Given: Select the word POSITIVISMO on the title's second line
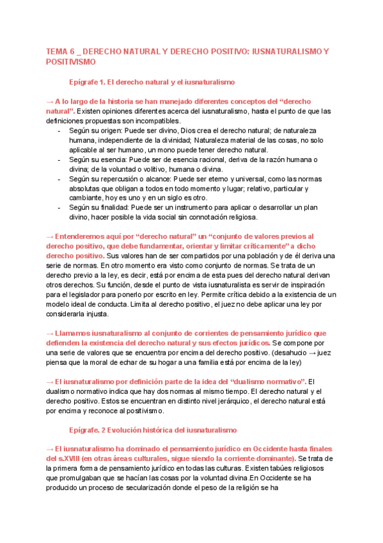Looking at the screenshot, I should click(70, 61).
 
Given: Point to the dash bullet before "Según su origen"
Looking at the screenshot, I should click(59, 131).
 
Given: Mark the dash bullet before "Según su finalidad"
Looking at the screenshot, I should click(59, 208).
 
